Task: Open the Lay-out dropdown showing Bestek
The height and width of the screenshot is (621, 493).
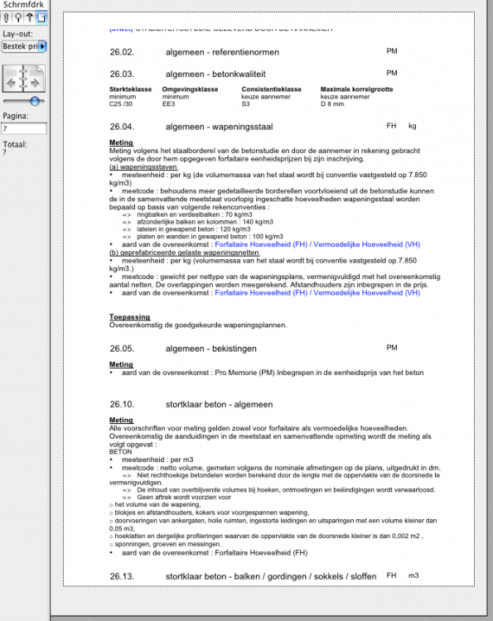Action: point(24,46)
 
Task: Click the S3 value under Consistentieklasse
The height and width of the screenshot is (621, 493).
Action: point(246,105)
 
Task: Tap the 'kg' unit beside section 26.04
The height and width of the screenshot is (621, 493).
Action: point(412,126)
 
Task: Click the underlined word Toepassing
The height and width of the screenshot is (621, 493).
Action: point(128,317)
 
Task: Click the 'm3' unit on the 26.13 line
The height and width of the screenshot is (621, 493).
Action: point(413,575)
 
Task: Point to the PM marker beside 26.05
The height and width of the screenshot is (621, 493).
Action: point(392,348)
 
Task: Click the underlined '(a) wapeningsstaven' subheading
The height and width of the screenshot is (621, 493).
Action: point(144,166)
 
